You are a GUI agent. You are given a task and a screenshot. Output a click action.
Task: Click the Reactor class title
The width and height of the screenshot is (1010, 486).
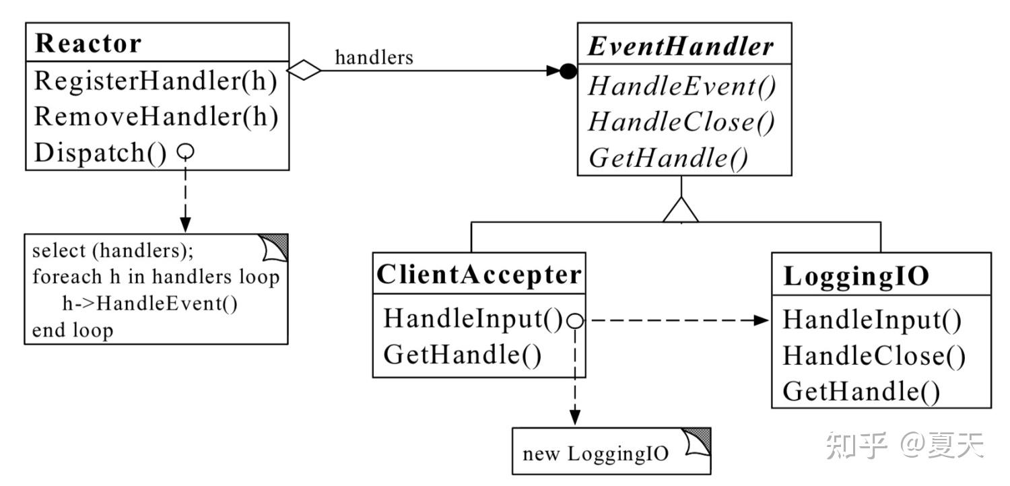(88, 43)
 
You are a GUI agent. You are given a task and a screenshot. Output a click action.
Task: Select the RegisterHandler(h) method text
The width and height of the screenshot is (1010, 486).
(156, 81)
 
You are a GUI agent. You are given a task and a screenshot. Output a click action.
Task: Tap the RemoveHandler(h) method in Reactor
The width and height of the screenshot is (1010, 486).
(156, 116)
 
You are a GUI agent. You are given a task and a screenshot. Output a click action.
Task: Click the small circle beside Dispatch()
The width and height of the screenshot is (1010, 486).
(185, 151)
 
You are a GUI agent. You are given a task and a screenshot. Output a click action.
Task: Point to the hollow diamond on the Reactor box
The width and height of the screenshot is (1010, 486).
(304, 70)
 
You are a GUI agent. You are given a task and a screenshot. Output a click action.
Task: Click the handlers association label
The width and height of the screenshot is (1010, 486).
(374, 58)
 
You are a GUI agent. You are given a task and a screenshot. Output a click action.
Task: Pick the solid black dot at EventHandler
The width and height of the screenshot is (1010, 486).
(568, 71)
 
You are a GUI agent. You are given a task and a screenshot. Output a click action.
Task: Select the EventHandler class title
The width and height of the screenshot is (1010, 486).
(681, 46)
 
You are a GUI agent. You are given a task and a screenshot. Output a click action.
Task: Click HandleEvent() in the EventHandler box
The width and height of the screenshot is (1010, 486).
(681, 86)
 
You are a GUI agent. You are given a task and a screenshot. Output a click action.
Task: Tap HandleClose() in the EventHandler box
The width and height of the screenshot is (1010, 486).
(681, 123)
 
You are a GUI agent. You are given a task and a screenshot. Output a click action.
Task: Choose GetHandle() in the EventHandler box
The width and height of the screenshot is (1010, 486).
(668, 158)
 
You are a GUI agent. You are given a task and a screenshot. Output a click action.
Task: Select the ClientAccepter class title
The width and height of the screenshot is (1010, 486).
(479, 274)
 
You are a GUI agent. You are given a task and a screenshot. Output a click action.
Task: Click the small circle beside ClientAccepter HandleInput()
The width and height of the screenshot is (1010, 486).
(575, 320)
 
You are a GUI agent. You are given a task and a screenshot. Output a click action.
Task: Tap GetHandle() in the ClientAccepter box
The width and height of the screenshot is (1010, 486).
(463, 355)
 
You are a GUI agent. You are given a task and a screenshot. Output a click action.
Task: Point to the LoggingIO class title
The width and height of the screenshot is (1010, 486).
(856, 277)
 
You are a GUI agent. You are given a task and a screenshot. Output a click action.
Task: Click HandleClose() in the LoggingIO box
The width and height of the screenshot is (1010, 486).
(874, 356)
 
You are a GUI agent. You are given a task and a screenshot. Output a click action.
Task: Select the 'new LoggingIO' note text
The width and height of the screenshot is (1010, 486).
(596, 454)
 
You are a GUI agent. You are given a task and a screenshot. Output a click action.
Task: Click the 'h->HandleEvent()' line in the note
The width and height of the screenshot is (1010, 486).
(149, 304)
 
